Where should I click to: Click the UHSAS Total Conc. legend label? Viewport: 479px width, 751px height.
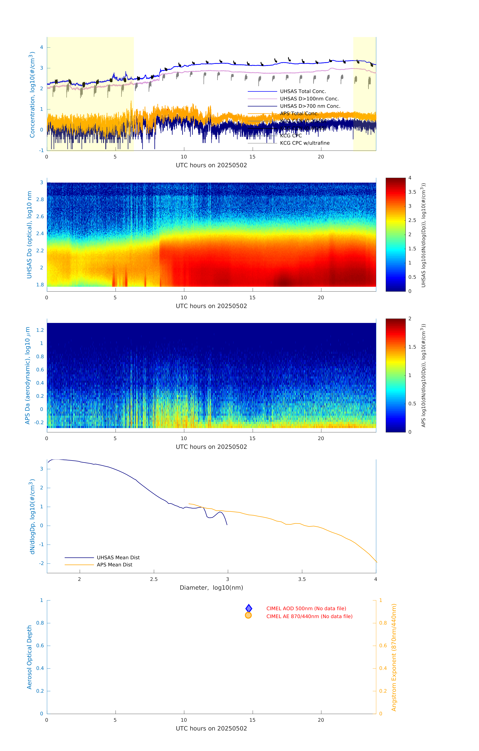[303, 91]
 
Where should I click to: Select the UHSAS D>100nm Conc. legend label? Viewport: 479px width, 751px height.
[309, 99]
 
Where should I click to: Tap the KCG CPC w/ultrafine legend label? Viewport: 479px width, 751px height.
[305, 143]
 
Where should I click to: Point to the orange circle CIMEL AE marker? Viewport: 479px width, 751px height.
[248, 615]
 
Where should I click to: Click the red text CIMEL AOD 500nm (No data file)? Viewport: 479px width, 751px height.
[306, 608]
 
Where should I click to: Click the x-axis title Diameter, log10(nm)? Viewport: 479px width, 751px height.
[211, 588]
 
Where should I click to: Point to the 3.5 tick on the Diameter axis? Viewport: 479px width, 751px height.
[302, 579]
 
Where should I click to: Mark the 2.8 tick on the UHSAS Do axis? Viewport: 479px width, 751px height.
[40, 200]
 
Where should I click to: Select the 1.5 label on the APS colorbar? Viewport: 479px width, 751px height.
[412, 347]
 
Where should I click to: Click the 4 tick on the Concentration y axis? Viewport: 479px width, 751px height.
[41, 47]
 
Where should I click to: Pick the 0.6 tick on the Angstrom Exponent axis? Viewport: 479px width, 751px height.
[383, 646]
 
